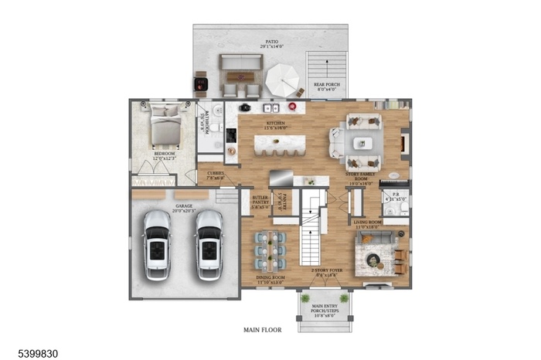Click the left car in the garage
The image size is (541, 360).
coord(157,245)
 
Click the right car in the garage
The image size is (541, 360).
coord(208,245)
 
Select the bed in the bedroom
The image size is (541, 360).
coord(166,127)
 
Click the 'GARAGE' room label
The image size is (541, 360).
coord(184,206)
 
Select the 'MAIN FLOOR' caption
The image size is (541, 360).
coord(263,330)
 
